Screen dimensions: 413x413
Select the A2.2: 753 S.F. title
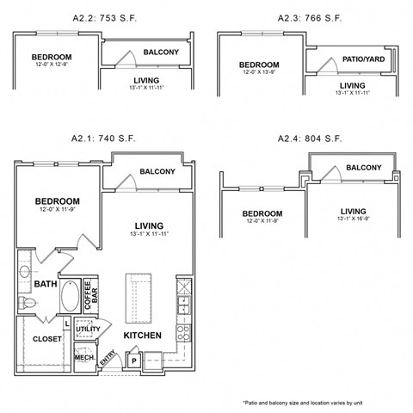pyautogui.click(x=102, y=17)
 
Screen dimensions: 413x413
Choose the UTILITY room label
pyautogui.click(x=88, y=329)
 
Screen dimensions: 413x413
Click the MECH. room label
pyautogui.click(x=85, y=357)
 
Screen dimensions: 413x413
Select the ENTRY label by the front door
pyautogui.click(x=108, y=360)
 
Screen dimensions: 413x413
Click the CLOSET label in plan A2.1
pyautogui.click(x=46, y=339)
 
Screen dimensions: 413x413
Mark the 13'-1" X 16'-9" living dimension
pyautogui.click(x=353, y=220)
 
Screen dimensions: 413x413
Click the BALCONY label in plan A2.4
pyautogui.click(x=364, y=167)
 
